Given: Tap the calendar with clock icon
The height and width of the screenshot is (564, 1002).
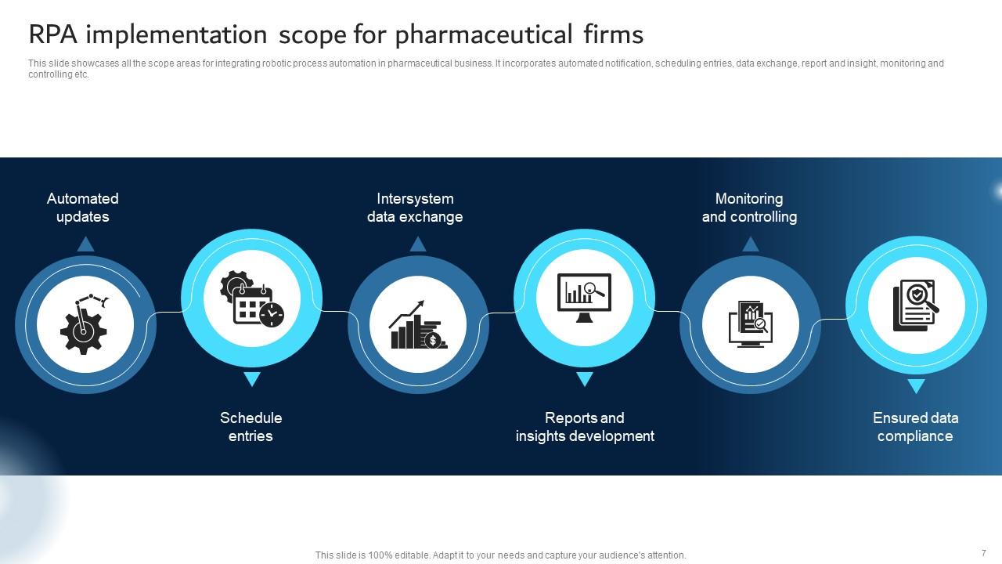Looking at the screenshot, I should pos(252,298).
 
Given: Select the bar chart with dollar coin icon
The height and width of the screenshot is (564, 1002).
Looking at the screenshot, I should pos(418,324).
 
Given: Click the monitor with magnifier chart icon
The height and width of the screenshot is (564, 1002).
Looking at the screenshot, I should pos(584,298).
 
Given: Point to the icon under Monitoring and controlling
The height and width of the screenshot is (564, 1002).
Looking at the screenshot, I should pos(750,324).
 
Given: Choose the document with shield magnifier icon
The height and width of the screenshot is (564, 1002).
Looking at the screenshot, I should pos(916,305).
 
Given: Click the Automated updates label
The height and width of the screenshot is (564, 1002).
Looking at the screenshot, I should pos(82,208).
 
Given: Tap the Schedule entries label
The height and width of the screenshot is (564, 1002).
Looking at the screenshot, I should pos(250,427).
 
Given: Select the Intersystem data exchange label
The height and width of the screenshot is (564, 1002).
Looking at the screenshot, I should pos(415,208).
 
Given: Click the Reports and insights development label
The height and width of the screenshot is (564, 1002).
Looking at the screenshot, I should pos(585,427).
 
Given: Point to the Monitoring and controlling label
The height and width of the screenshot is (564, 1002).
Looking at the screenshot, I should pos(749,208).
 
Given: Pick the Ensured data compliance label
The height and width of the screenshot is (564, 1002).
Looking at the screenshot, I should pos(915,427).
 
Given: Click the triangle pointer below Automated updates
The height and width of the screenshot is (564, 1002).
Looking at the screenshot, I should pos(85,244).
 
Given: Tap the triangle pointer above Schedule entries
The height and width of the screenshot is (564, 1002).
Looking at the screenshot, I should pos(251,379).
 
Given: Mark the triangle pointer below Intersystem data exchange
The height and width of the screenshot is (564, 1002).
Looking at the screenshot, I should pos(418,244).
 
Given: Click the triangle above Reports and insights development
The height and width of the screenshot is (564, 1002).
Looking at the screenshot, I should pos(584,379).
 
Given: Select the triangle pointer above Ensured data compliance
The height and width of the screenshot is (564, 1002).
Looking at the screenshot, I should pos(916,385).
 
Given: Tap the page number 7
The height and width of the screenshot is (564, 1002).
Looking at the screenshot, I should pos(984,553).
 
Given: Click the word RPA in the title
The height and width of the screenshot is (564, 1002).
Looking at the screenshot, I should pos(51,34).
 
